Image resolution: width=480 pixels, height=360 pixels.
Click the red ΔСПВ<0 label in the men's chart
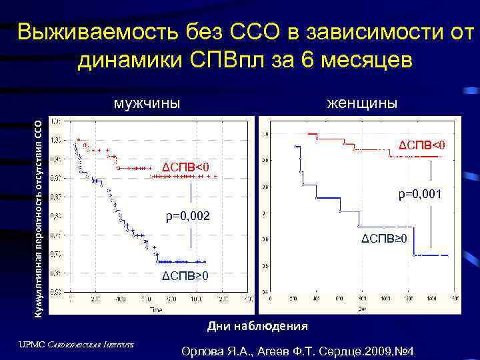187,165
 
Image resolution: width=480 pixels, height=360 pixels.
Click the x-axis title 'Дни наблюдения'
257,326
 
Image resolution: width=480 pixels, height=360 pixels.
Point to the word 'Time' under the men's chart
156,310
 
